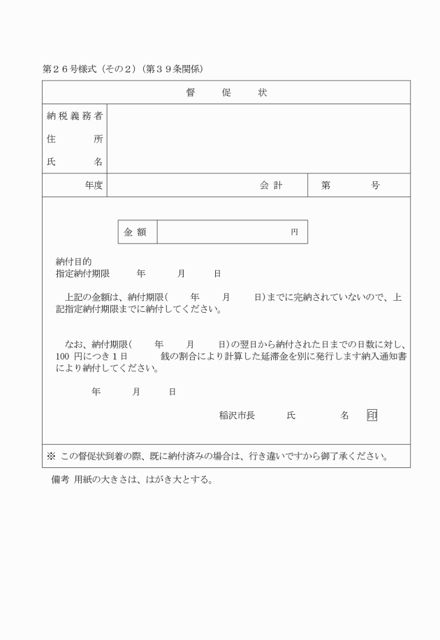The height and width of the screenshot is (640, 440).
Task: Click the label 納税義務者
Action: click(75, 115)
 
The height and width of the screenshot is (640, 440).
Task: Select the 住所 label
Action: click(75, 138)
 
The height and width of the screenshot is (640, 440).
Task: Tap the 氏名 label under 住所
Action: click(75, 162)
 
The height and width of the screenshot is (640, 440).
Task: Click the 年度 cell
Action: click(94, 185)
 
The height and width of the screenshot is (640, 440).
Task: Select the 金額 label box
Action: click(137, 232)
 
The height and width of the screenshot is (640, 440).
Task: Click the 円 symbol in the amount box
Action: click(295, 232)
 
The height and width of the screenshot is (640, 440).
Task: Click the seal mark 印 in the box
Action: click(372, 415)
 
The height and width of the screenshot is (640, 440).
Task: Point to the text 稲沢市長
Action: click(237, 415)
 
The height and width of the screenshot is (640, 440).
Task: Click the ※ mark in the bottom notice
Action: click(51, 456)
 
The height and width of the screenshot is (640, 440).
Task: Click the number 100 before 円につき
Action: click(63, 356)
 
